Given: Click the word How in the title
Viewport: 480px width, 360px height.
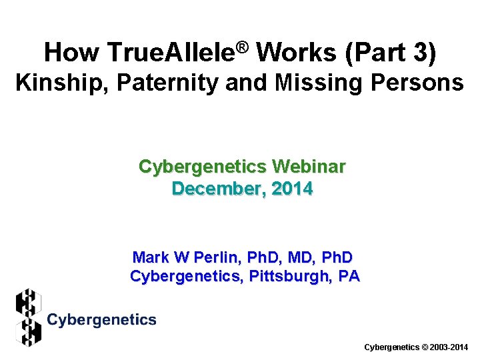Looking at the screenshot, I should coord(70,53).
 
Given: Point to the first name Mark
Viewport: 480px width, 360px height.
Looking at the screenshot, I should coord(150,257).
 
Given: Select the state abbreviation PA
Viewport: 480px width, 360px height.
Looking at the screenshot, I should coord(348,275).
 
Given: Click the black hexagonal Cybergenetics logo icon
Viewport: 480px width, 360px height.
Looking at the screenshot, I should coord(29,317).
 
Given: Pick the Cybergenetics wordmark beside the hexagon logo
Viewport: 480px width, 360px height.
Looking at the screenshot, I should coord(102,320).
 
